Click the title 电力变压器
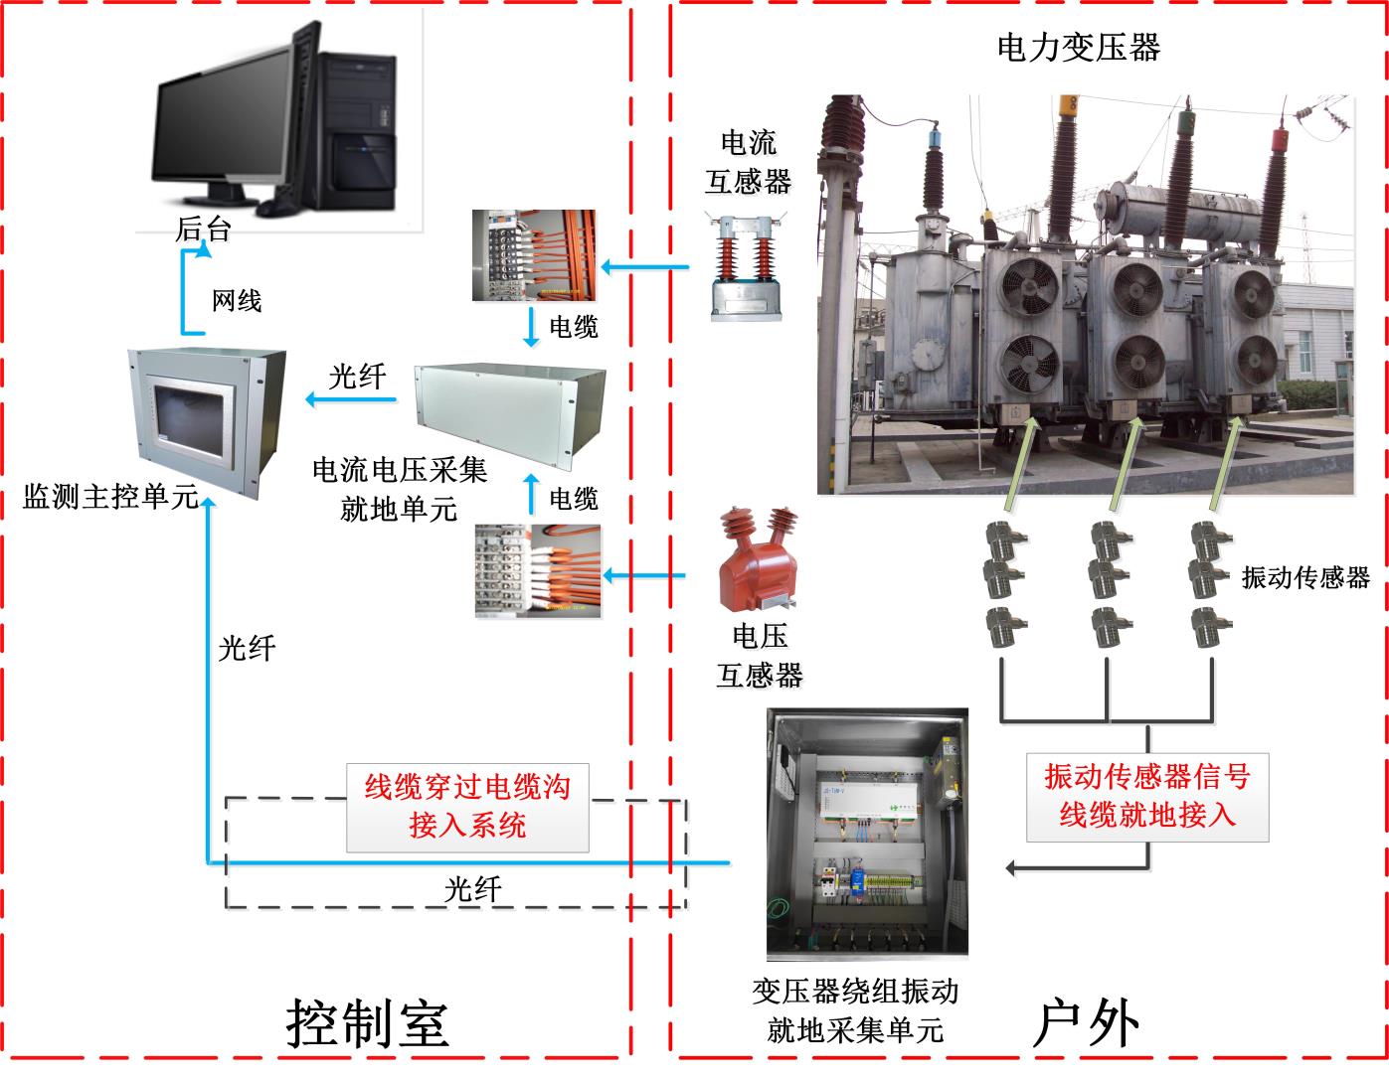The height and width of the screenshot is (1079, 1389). tap(1078, 47)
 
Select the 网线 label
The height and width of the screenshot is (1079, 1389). tap(237, 300)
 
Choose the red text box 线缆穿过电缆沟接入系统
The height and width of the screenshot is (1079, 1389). tap(467, 807)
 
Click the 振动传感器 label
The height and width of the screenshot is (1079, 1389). tap(1305, 577)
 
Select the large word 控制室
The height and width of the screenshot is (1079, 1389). tap(367, 1022)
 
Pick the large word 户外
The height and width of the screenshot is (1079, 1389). tap(1086, 1022)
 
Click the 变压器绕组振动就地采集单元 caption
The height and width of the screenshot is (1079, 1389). tap(855, 1010)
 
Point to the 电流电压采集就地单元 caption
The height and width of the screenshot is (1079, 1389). tap(400, 489)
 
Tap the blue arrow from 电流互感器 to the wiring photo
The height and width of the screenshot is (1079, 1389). tap(646, 267)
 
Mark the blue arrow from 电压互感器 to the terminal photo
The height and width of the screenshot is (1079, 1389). tap(646, 575)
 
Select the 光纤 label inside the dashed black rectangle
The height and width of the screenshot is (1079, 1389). tap(472, 888)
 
